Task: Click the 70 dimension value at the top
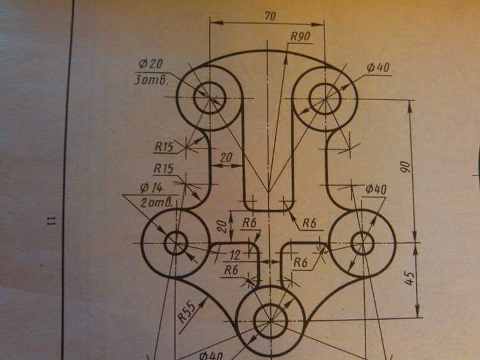pos(269,16)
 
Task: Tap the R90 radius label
pos(300,37)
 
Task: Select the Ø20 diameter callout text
pos(150,63)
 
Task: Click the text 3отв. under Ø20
pos(151,80)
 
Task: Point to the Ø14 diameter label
pos(152,188)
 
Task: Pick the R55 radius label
pos(187,312)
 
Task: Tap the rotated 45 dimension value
pos(410,278)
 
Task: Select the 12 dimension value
pos(235,255)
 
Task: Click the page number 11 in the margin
pos(51,220)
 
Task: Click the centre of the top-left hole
pos(210,98)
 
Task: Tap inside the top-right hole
pos(325,99)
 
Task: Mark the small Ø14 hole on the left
pos(176,243)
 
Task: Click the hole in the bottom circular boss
pos(271,321)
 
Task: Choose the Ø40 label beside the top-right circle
pos(378,67)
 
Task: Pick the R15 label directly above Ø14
pos(163,168)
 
